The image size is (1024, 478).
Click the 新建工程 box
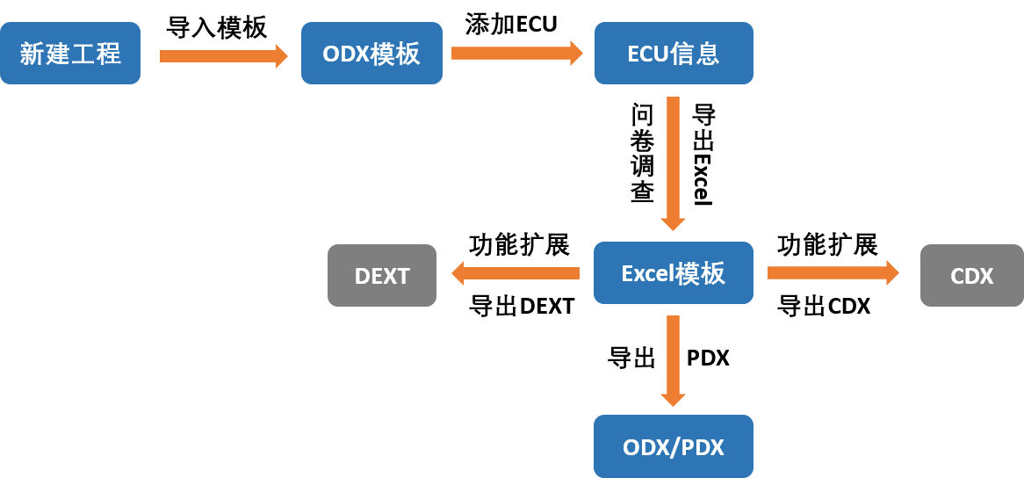(x=70, y=54)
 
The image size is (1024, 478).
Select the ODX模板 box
(x=371, y=54)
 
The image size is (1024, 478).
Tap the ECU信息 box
(x=674, y=54)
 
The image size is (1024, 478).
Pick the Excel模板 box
(x=674, y=273)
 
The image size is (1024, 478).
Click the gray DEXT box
(x=382, y=276)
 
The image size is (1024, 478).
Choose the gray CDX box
(x=971, y=276)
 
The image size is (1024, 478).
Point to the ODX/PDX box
(x=674, y=446)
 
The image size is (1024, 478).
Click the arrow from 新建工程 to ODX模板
(x=223, y=56)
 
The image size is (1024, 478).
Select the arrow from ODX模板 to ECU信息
(x=517, y=53)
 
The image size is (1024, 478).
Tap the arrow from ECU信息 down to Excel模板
(x=674, y=163)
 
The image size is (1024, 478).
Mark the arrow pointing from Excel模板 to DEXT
(x=516, y=273)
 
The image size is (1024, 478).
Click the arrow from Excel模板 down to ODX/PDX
(x=674, y=360)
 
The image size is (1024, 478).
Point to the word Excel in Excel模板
(x=648, y=273)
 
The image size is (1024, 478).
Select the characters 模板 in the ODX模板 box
(x=395, y=54)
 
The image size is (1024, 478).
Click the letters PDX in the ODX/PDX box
(x=702, y=447)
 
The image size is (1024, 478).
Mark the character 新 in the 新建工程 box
(x=31, y=54)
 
